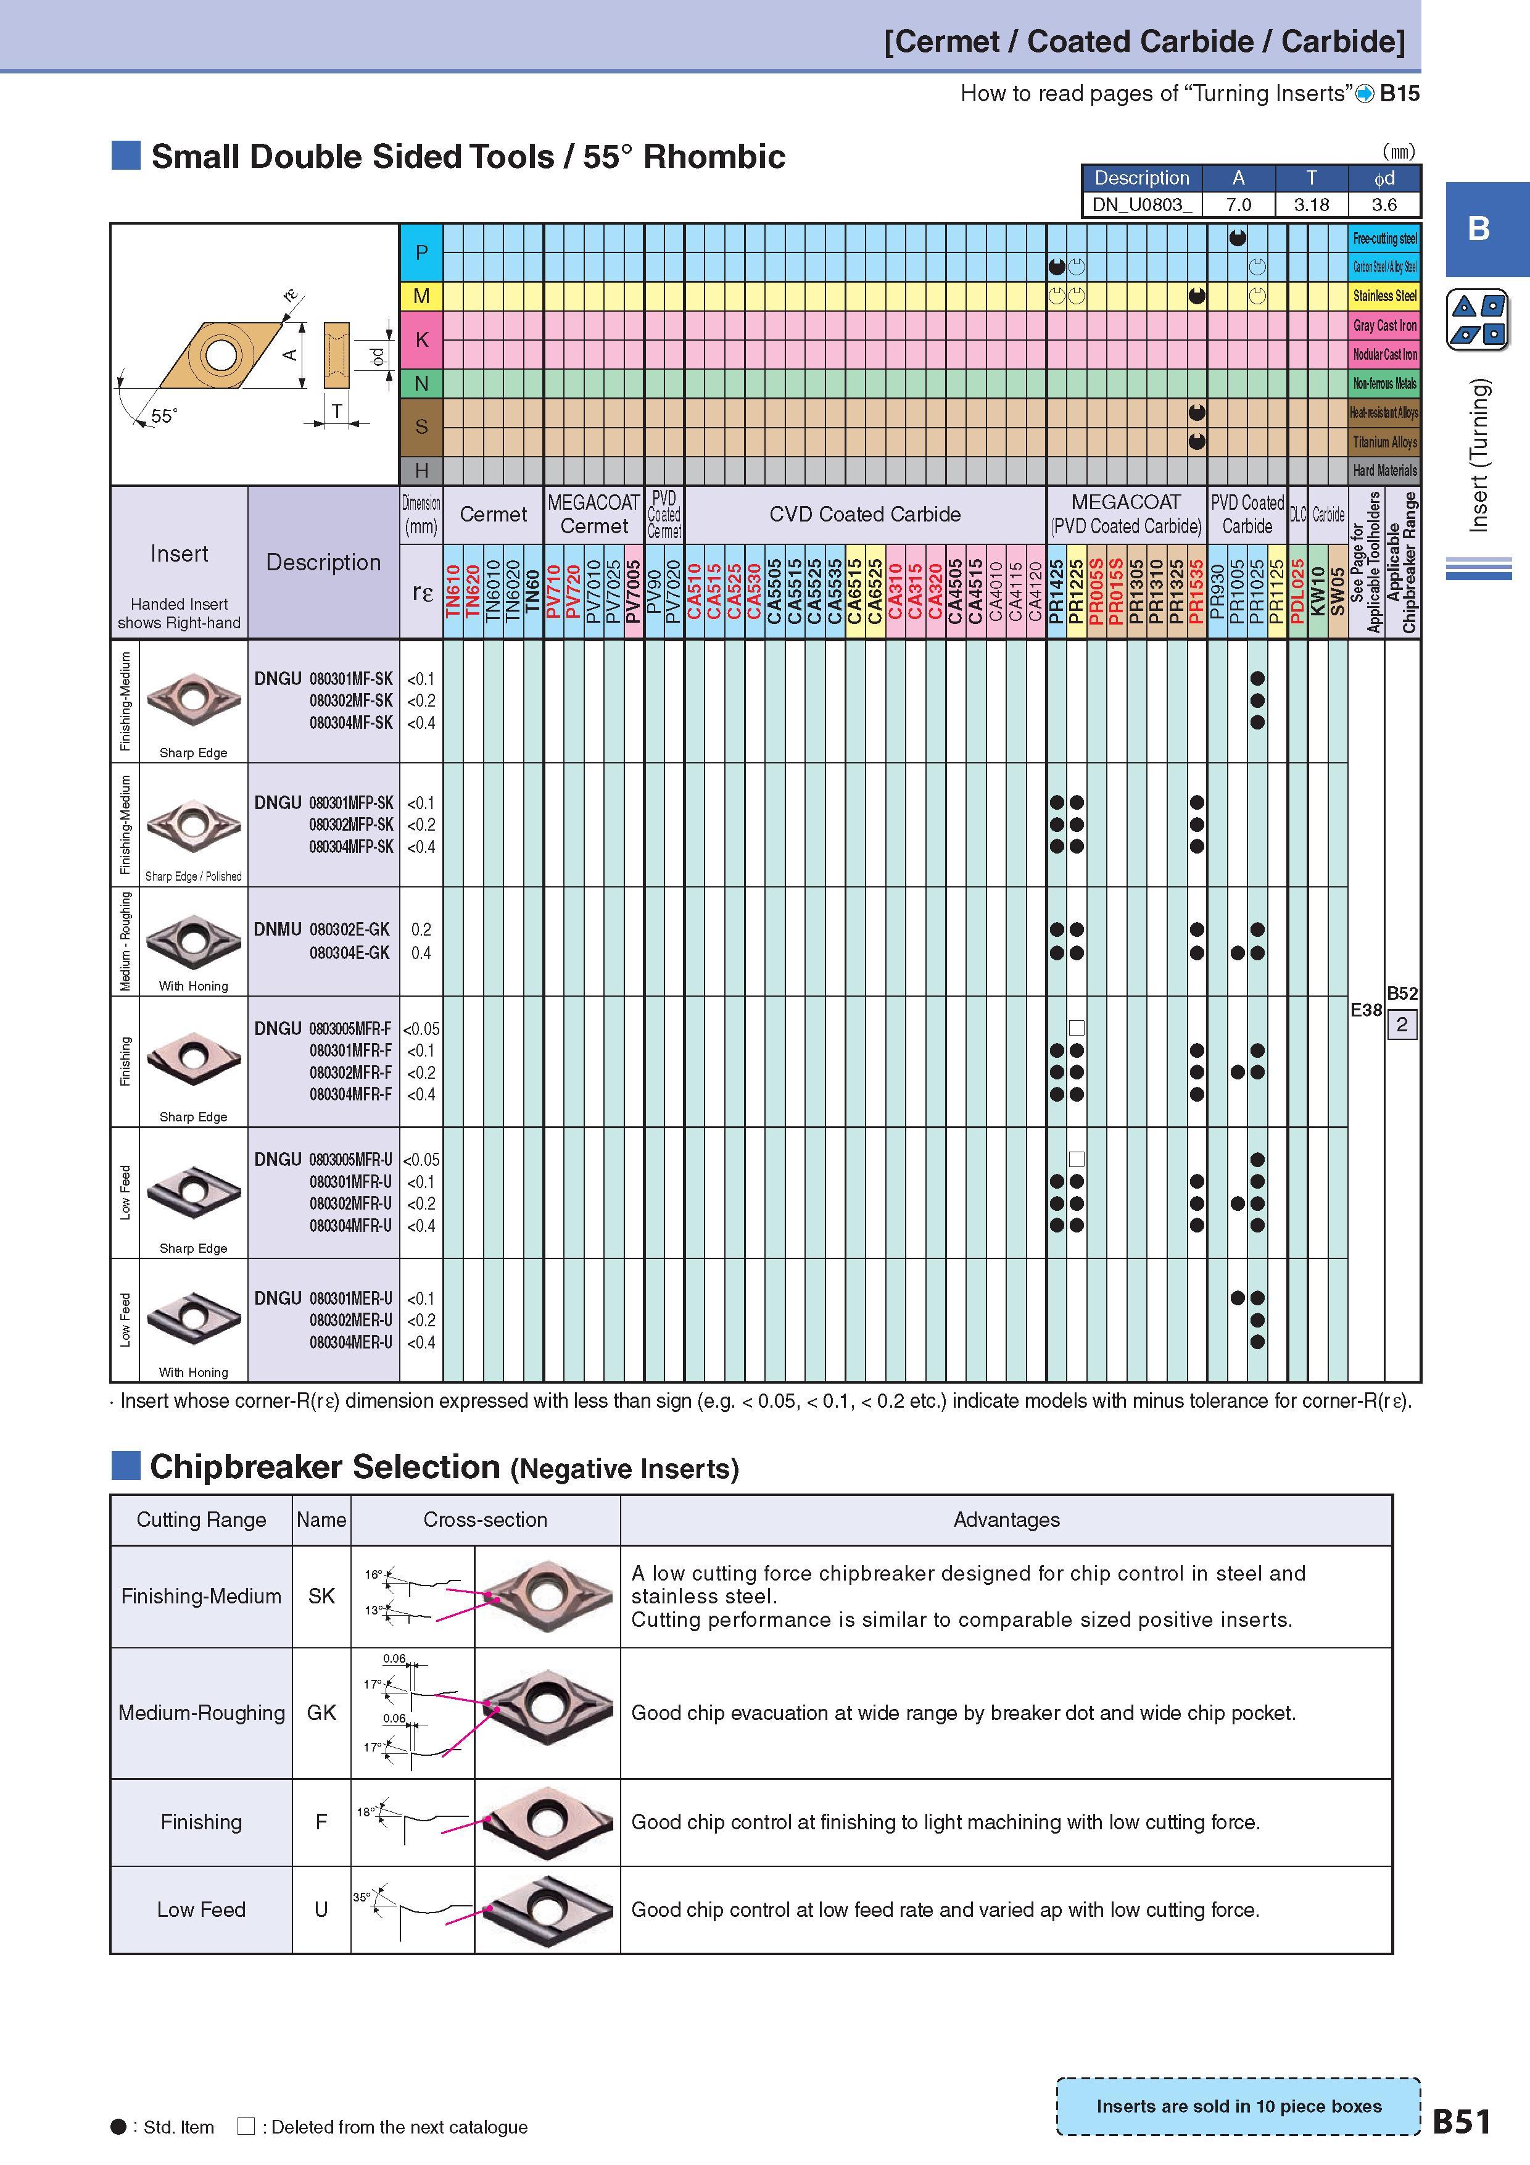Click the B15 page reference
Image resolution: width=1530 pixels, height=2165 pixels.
coord(1399,93)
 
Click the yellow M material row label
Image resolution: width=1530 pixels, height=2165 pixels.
coord(421,296)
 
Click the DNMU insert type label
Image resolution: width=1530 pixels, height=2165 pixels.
coord(277,929)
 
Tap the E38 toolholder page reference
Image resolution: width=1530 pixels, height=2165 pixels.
coord(1366,1010)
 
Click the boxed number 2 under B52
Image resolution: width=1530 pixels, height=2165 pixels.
coord(1402,1025)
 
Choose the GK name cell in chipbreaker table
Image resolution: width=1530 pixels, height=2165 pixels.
coord(321,1713)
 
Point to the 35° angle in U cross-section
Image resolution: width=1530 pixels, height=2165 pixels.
coord(361,1897)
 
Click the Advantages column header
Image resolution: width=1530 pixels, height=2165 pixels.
coord(1007,1519)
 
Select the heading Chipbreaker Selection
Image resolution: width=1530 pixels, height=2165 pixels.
coord(325,1467)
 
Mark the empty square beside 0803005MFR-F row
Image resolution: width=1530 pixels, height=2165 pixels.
coord(1077,1028)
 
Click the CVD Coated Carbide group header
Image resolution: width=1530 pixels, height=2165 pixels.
coord(864,514)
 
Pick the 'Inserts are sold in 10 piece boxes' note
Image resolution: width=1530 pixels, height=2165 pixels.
coord(1239,2106)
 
